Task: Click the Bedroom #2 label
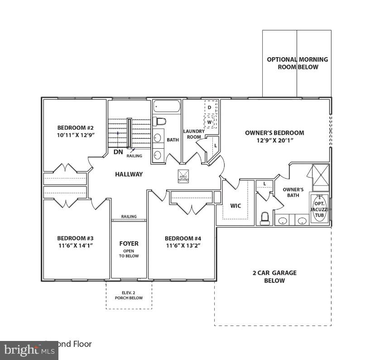(x=76, y=127)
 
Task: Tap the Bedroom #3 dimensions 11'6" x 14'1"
(x=75, y=245)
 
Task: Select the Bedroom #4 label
(x=183, y=238)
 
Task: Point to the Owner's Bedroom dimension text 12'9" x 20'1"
(x=274, y=140)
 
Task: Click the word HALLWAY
(x=129, y=174)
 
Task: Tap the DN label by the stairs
(x=118, y=152)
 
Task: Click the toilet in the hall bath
(x=160, y=121)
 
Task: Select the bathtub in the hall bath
(x=167, y=107)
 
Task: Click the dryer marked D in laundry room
(x=210, y=107)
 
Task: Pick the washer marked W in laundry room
(x=210, y=122)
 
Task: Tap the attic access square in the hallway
(x=183, y=176)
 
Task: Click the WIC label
(x=235, y=206)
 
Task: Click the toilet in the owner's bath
(x=265, y=219)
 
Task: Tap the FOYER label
(x=129, y=243)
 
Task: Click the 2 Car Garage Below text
(x=274, y=277)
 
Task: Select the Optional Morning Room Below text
(x=297, y=63)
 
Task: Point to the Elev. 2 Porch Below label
(x=129, y=295)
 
